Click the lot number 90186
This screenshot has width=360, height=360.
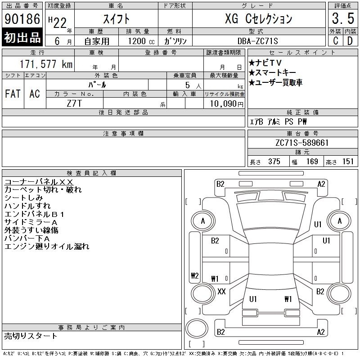click(x=22, y=18)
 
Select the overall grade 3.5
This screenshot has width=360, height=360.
click(x=343, y=18)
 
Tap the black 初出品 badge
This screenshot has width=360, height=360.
click(x=22, y=37)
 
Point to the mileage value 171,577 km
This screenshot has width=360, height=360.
click(x=46, y=64)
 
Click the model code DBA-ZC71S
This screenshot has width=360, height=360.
click(x=257, y=41)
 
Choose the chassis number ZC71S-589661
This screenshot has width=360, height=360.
click(x=302, y=143)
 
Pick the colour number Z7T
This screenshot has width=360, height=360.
click(x=74, y=103)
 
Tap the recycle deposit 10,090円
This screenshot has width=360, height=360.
click(x=227, y=104)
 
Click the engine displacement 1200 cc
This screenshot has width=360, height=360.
click(x=141, y=41)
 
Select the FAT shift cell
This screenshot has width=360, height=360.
click(x=13, y=94)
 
